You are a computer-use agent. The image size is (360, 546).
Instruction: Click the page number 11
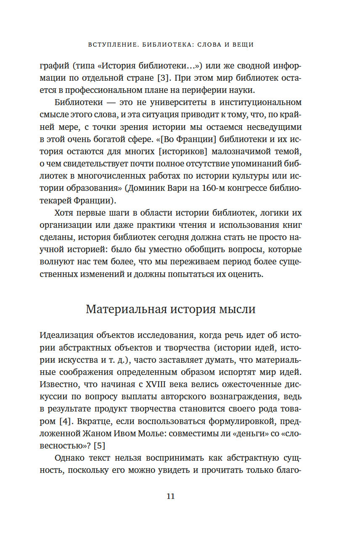170,496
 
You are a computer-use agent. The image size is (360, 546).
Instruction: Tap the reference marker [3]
163,78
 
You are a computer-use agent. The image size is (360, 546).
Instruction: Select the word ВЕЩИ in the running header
242,45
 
